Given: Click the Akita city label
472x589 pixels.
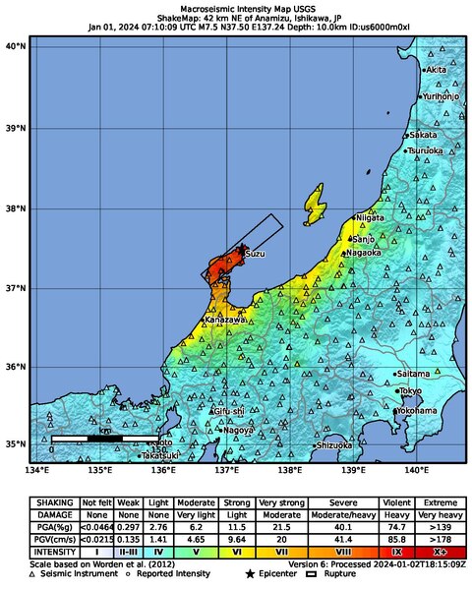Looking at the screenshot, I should point(437,71).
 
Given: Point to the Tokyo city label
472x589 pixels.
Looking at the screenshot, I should point(411,391).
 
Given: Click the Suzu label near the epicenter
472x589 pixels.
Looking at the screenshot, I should point(255,254).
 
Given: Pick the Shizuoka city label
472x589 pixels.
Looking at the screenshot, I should point(333,445).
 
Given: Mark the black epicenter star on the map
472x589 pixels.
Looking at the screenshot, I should point(243,248).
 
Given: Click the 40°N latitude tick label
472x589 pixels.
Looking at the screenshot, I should point(15,46).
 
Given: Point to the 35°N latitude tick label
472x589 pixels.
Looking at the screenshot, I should point(15,444).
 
